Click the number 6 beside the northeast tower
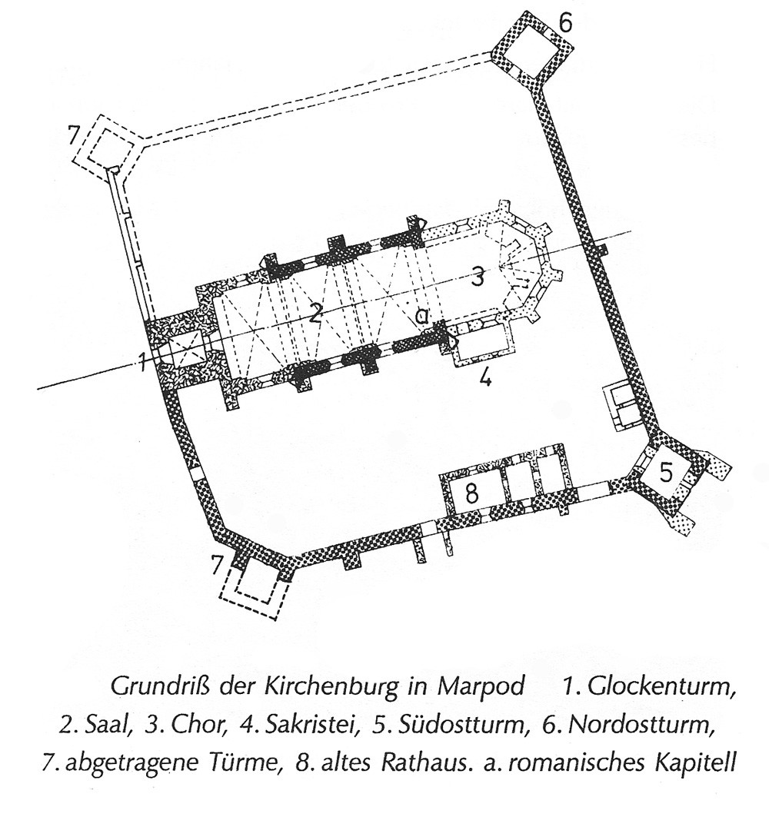[x=565, y=22]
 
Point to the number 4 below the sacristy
[x=486, y=378]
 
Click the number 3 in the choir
[x=478, y=277]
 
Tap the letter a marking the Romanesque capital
[x=421, y=316]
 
